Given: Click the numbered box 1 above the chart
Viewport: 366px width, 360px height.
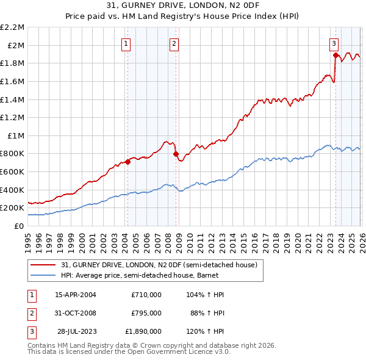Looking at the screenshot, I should (126, 43).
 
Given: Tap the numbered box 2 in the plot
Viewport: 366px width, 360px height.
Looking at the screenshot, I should (174, 43).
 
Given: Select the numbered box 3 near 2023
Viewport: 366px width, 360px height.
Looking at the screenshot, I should (334, 43).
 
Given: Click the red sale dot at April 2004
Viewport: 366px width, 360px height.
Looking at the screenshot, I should (127, 162).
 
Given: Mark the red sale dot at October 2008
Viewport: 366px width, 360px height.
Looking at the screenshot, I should (176, 154).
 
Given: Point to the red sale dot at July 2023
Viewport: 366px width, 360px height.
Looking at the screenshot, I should (335, 55).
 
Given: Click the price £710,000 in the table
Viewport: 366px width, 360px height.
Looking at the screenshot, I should (146, 294).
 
